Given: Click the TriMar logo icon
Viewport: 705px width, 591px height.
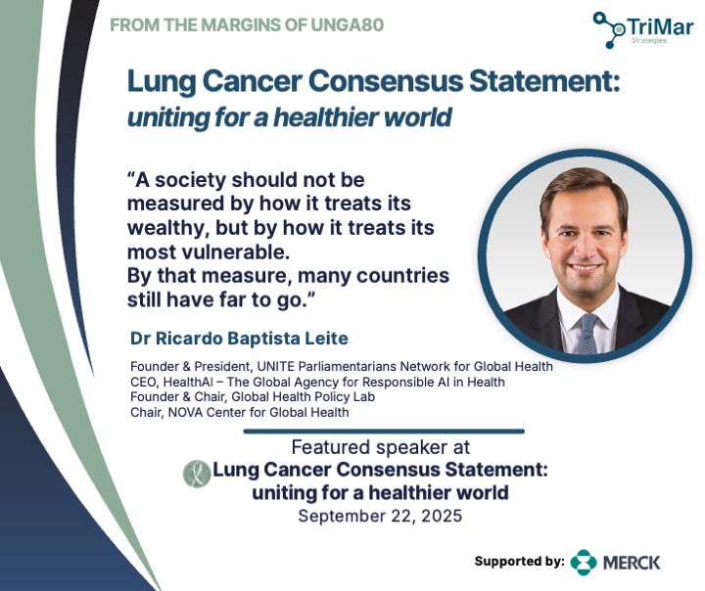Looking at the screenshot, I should [611, 29].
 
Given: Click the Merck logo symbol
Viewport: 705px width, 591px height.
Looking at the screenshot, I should [584, 562].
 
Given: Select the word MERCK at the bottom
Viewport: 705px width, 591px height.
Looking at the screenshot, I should [632, 563].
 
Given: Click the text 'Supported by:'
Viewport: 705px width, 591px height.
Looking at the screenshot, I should [519, 562].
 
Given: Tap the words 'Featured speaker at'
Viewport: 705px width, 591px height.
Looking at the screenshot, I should [381, 447].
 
